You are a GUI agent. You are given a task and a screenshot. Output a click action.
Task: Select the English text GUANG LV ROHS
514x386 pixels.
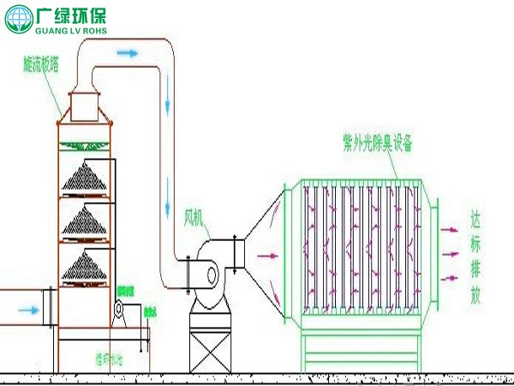(x=77, y=30)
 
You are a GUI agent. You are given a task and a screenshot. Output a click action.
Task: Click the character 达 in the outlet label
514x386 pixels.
(x=476, y=218)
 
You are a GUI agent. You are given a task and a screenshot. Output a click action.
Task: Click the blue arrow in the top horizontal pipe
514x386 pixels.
(x=127, y=53)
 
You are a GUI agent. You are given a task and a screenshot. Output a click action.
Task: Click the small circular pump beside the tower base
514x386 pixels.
(x=119, y=308)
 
